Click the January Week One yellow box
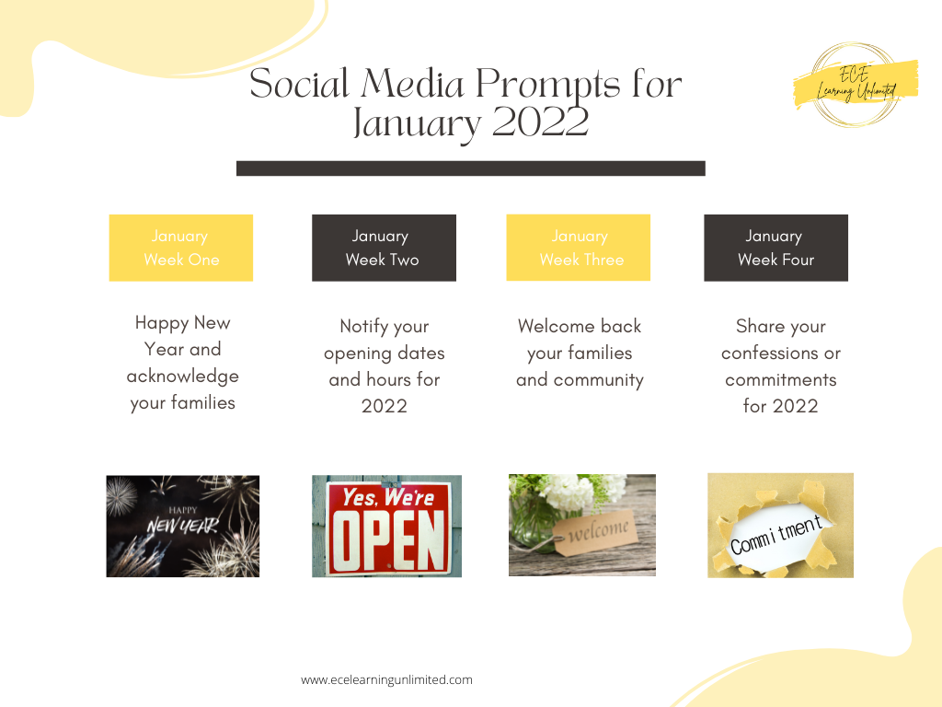point(181,248)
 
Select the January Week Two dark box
point(384,248)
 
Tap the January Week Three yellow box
point(579,248)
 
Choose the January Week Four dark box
point(776,248)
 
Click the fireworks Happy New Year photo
point(183,526)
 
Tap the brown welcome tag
point(595,533)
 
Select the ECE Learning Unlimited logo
point(856,85)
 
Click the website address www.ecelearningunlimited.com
point(387,680)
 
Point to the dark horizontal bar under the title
point(471,168)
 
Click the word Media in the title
point(412,84)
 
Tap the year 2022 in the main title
point(540,122)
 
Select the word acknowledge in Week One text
point(183,377)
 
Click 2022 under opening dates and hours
point(385,406)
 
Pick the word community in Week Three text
point(598,380)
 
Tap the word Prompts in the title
point(548,85)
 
